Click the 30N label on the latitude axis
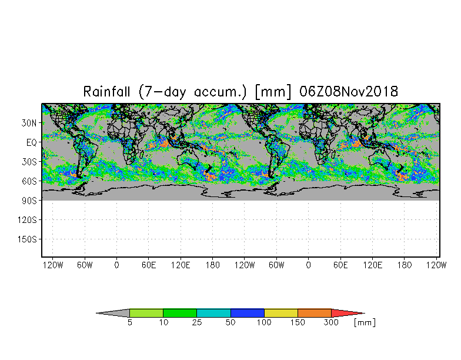click(30, 123)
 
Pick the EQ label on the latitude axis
click(32, 142)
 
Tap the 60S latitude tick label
click(30, 181)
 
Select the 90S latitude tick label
click(30, 200)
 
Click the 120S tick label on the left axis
click(28, 219)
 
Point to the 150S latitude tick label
click(28, 239)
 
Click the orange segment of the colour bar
click(315, 313)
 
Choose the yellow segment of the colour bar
click(281, 313)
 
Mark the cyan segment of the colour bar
click(213, 313)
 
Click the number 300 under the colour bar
click(332, 322)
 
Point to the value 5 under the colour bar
click(129, 322)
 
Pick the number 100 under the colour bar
click(264, 322)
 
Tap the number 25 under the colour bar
click(196, 322)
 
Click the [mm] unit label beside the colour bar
click(365, 322)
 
